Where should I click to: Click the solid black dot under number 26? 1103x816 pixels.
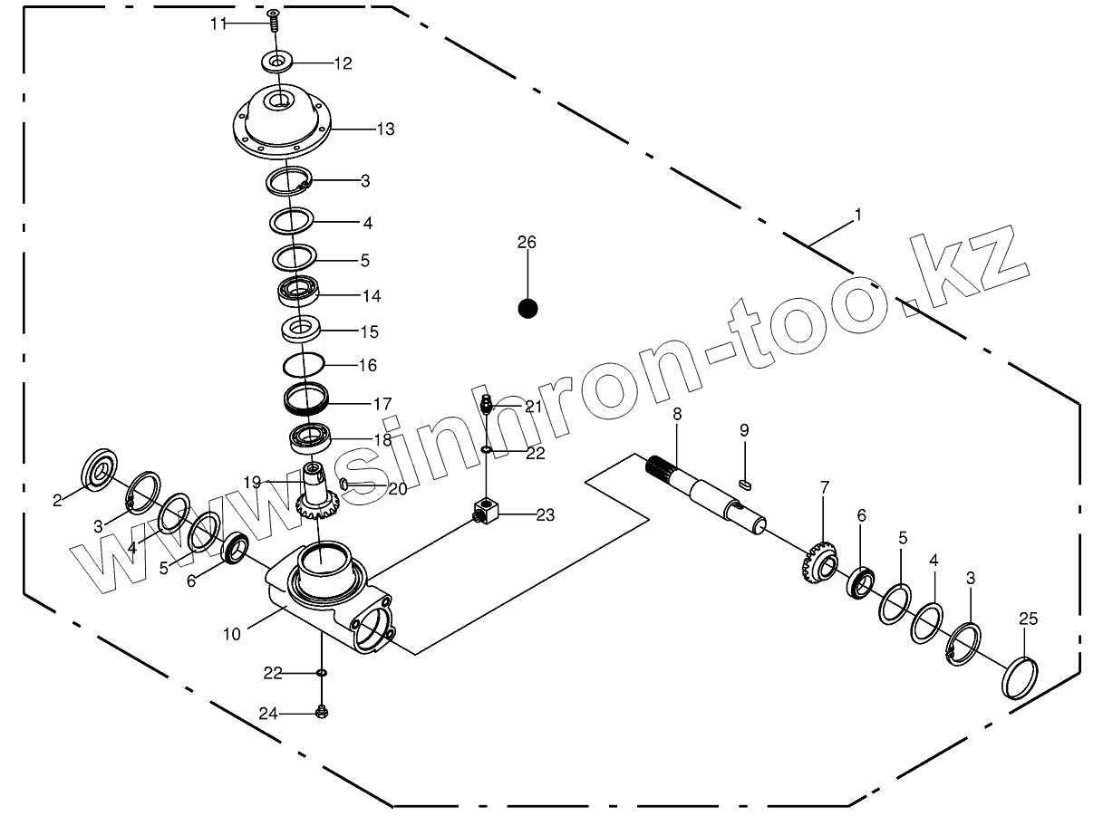(x=527, y=309)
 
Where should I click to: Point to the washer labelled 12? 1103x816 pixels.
(x=277, y=62)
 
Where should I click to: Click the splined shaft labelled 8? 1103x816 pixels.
(x=707, y=494)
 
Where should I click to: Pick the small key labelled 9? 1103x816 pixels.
(x=745, y=484)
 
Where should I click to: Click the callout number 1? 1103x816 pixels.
(x=857, y=215)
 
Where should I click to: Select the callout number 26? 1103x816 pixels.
(x=527, y=242)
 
